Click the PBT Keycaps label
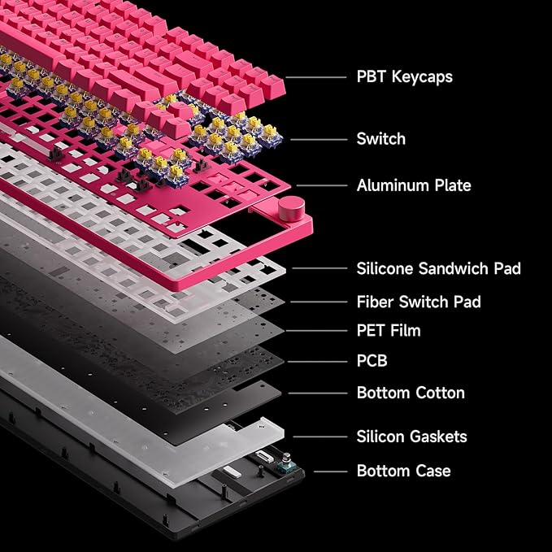click(x=405, y=76)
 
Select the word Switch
click(x=381, y=139)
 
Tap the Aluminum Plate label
click(x=414, y=185)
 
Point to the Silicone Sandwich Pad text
click(x=439, y=268)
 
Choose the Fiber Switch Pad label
click(x=419, y=302)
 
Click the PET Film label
click(x=389, y=331)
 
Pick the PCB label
click(x=372, y=361)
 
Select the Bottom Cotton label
click(x=411, y=393)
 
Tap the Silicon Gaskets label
click(x=411, y=437)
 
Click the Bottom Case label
click(x=403, y=471)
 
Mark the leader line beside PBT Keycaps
click(x=315, y=77)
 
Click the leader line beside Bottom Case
click(x=330, y=472)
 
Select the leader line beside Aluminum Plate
click(x=322, y=185)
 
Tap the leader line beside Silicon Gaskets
click(x=320, y=437)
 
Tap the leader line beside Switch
click(x=319, y=140)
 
